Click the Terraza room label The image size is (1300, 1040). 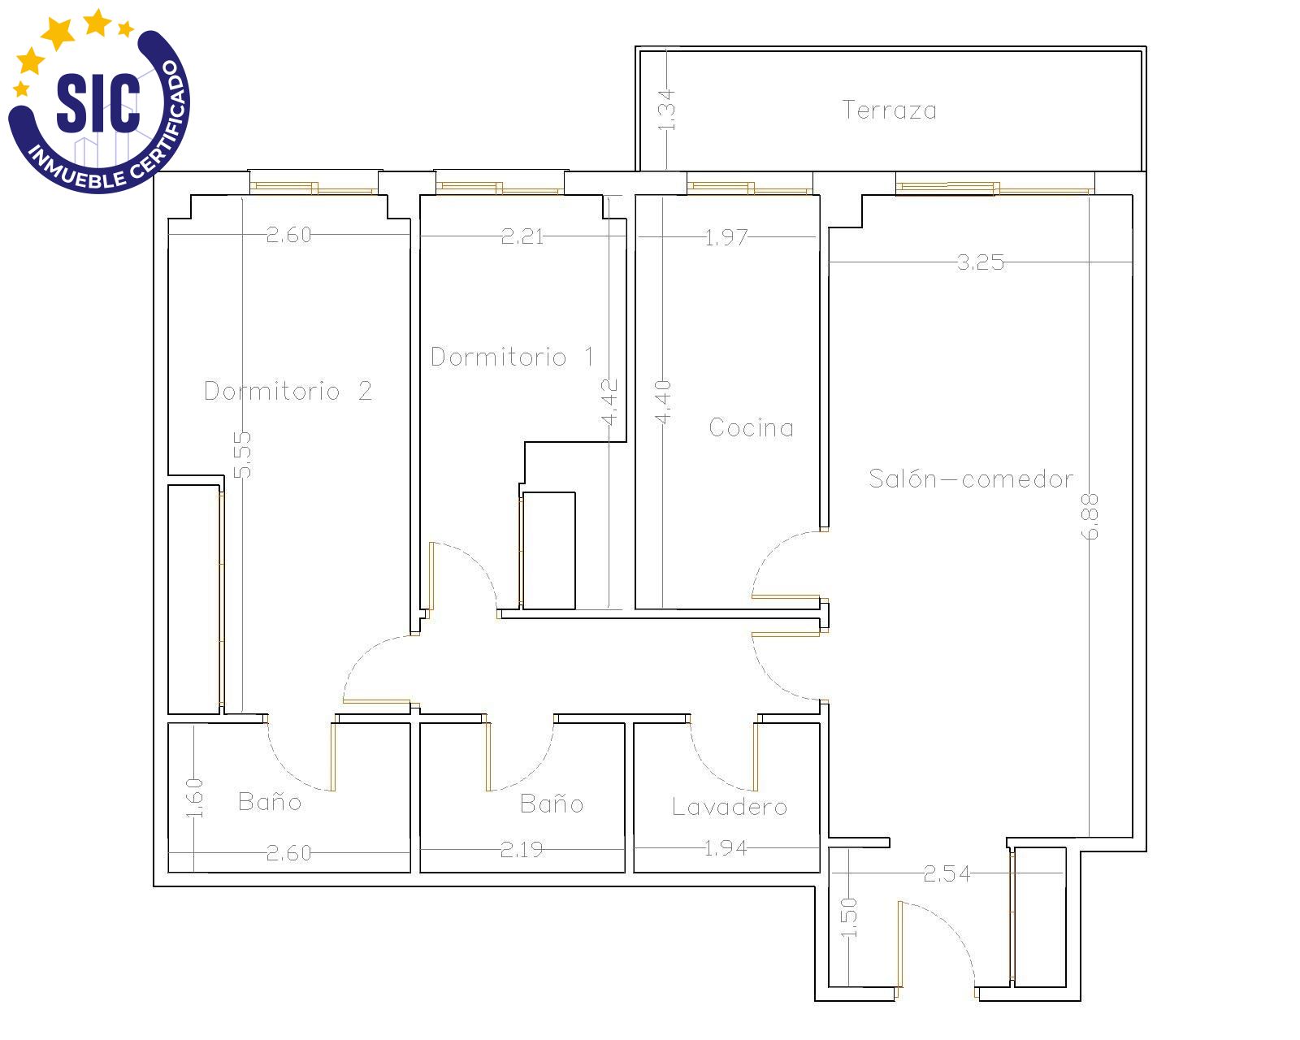[x=889, y=110]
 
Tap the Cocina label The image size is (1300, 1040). [x=751, y=427]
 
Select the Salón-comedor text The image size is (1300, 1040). [x=971, y=478]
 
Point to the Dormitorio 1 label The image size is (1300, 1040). [x=512, y=357]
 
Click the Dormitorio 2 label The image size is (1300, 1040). [x=288, y=390]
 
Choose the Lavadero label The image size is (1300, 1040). [x=729, y=806]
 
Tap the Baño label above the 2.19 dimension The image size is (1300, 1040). [x=552, y=803]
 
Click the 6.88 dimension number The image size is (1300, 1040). [x=1090, y=517]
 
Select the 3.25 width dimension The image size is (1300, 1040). [x=981, y=262]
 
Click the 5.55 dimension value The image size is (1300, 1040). [x=241, y=454]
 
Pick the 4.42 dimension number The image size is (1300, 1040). [x=609, y=402]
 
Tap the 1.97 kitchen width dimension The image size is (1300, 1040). [x=726, y=237]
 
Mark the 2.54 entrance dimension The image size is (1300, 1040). [x=947, y=873]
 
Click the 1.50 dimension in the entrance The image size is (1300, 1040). [x=849, y=917]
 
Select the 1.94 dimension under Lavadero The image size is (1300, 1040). [x=726, y=847]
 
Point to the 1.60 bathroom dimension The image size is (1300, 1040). [x=194, y=798]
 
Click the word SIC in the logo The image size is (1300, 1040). [x=98, y=102]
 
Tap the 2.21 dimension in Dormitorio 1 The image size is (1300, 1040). [x=522, y=236]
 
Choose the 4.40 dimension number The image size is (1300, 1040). [x=663, y=402]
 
